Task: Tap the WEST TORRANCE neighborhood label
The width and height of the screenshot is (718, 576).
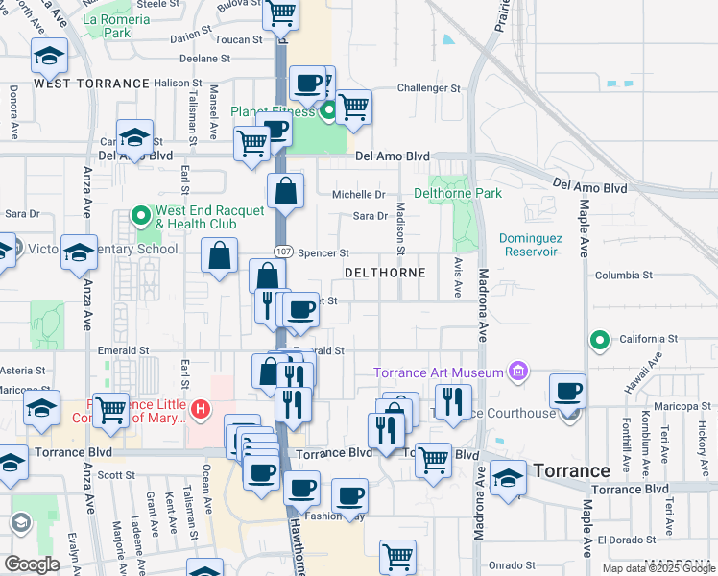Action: pyautogui.click(x=92, y=84)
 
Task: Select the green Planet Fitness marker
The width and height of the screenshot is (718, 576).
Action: pyautogui.click(x=329, y=112)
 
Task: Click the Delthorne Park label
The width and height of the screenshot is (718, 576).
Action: pyautogui.click(x=458, y=193)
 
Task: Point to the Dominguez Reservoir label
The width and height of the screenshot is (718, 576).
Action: pyautogui.click(x=529, y=245)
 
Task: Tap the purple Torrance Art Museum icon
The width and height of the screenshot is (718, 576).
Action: pyautogui.click(x=518, y=372)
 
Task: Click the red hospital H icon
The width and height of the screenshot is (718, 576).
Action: pyautogui.click(x=201, y=411)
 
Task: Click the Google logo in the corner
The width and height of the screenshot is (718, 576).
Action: pyautogui.click(x=32, y=564)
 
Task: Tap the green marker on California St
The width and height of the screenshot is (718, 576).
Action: pyautogui.click(x=600, y=339)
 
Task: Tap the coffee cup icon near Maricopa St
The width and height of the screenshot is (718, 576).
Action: pyautogui.click(x=568, y=390)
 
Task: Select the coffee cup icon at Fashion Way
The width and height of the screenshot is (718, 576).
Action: pyautogui.click(x=349, y=495)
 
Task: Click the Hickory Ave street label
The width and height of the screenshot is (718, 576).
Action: pyautogui.click(x=704, y=435)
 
